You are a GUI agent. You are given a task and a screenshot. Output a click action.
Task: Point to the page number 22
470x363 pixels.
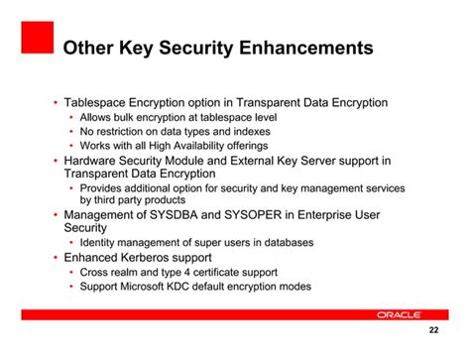pos(432,331)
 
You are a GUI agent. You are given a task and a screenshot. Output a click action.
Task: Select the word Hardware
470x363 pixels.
pos(95,159)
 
